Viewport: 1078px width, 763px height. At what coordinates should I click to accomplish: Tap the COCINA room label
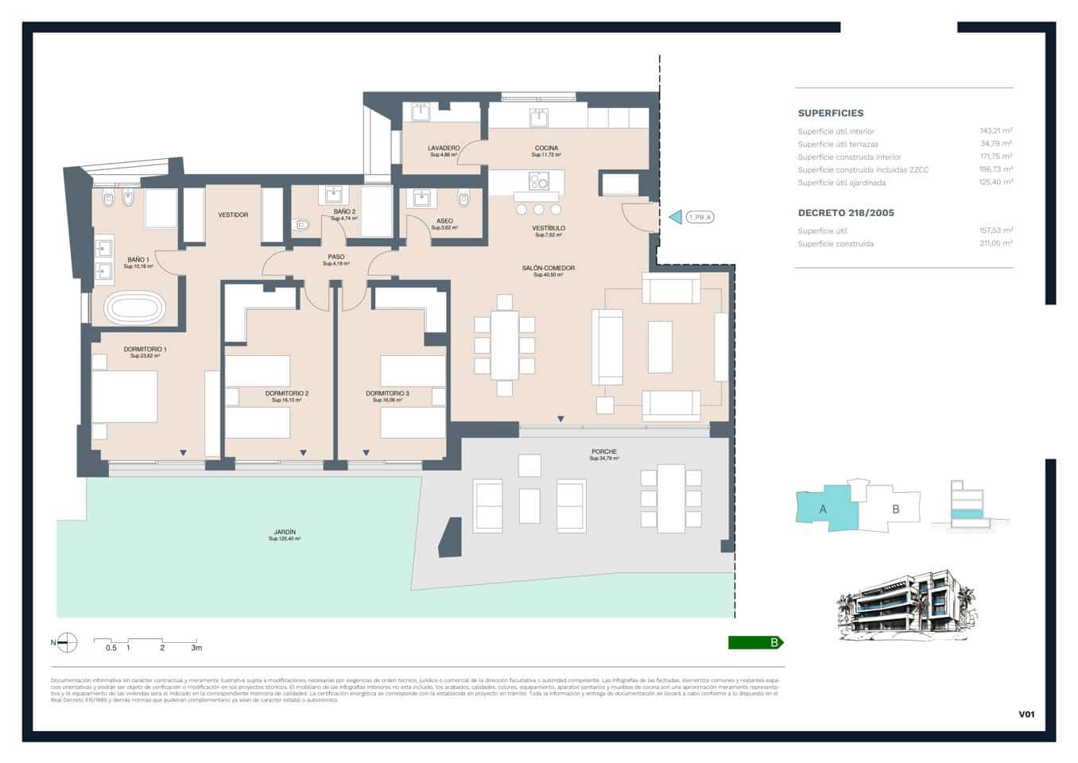pos(546,148)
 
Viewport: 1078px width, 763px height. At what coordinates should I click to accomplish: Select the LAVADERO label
pos(444,148)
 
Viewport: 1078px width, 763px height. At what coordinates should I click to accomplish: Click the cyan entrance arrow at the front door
pos(675,217)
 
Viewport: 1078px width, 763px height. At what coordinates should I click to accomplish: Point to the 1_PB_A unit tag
pos(700,217)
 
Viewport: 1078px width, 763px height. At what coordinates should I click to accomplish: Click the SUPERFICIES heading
pos(830,113)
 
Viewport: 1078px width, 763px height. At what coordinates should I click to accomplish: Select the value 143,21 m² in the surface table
pos(995,131)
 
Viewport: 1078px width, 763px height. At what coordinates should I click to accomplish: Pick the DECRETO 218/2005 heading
pos(846,213)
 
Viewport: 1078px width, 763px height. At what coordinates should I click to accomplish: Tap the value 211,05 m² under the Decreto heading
pos(995,243)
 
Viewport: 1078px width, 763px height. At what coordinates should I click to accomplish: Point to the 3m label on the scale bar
pos(196,648)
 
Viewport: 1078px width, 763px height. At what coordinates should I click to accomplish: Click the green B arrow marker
pos(755,643)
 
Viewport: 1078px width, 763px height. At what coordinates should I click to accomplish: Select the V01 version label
pos(1026,715)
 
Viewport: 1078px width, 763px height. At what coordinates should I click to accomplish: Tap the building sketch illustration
pos(906,605)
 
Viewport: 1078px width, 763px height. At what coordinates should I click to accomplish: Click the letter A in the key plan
pos(823,509)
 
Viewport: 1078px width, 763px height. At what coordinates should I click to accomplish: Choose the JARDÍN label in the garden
pos(285,532)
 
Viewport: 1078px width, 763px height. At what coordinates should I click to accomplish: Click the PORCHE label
pos(603,451)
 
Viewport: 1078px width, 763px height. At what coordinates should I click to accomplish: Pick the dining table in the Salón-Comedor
pos(504,345)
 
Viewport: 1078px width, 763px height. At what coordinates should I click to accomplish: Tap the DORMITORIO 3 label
pos(387,393)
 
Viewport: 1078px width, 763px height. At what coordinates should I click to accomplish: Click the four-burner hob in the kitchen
pos(539,181)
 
